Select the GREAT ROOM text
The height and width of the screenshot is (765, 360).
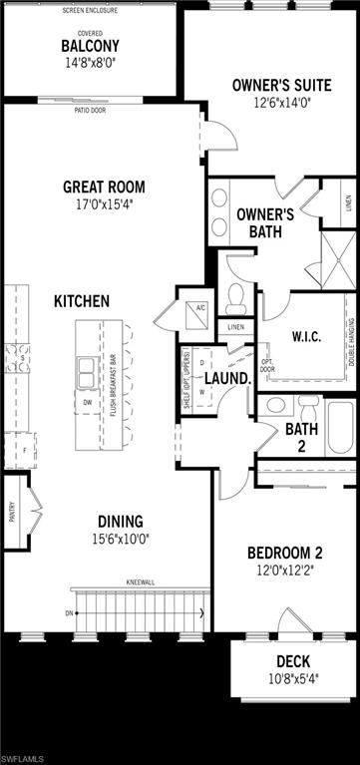105,187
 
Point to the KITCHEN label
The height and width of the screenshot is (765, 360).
82,300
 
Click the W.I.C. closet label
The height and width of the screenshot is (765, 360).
298,335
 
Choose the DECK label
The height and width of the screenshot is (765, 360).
292,661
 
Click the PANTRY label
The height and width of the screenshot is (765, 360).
12,512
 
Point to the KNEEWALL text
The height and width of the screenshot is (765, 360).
140,580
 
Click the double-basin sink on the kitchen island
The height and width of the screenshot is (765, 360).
85,371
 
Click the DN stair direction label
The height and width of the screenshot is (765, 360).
69,612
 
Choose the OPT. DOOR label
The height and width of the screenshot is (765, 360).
266,364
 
